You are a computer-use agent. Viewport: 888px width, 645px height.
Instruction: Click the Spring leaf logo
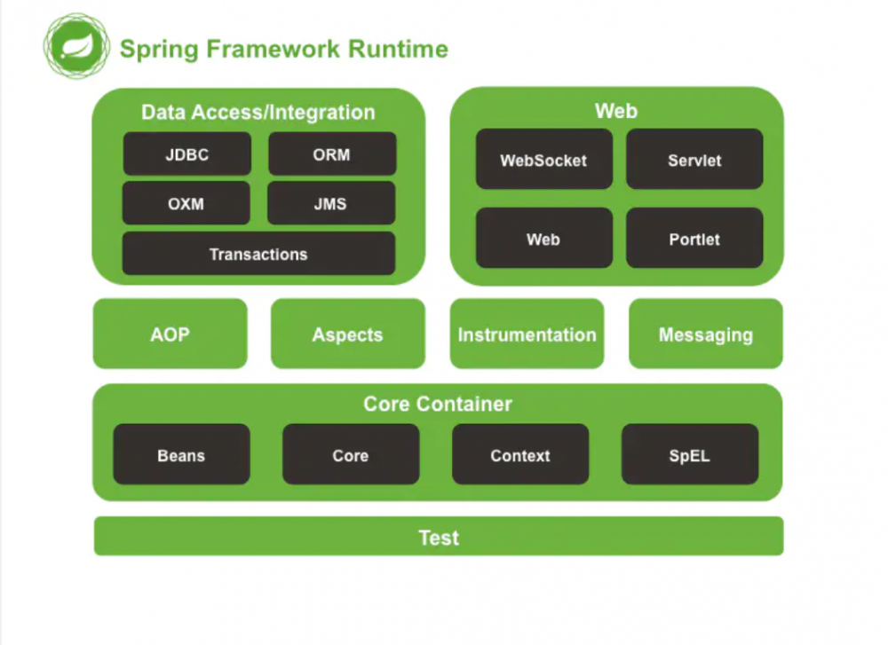tap(76, 45)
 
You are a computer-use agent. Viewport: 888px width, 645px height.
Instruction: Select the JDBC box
tap(186, 154)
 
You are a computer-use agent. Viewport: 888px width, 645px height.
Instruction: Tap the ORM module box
tap(332, 154)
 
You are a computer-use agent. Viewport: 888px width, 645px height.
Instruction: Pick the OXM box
tap(186, 203)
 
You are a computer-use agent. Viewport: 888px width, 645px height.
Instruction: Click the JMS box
tap(330, 203)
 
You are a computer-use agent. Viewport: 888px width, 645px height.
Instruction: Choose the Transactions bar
tap(258, 254)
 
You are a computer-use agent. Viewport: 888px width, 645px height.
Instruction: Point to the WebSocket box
tap(543, 160)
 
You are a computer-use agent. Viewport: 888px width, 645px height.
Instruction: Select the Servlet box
tap(694, 160)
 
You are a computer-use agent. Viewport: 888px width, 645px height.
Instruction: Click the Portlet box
tap(694, 239)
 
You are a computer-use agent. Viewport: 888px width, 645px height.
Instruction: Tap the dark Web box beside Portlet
tap(543, 239)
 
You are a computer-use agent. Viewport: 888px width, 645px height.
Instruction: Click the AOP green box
tap(170, 334)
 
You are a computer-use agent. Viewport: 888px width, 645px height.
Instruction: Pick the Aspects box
tap(347, 334)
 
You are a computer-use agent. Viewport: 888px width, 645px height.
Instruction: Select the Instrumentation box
tap(527, 334)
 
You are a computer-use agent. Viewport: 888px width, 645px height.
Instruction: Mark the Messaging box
tap(706, 334)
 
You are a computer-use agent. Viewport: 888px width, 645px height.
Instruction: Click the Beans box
tap(181, 454)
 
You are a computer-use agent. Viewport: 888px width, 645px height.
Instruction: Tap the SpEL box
tap(690, 454)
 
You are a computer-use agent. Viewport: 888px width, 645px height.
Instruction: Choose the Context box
tap(520, 454)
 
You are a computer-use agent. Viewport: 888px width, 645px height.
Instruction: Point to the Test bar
tap(439, 537)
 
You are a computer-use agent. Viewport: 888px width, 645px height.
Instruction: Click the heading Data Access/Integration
tap(258, 113)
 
